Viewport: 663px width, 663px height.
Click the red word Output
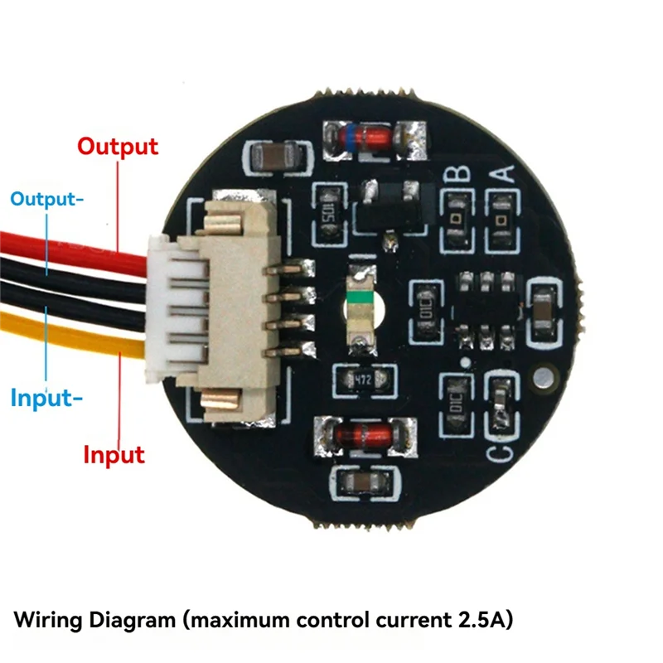(x=117, y=147)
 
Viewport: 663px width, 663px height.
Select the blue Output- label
(x=46, y=199)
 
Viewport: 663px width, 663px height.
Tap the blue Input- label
(x=46, y=398)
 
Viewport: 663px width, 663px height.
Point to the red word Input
(x=114, y=455)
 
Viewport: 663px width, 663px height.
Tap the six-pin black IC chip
(x=486, y=306)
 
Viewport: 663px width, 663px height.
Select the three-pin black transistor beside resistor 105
(x=390, y=207)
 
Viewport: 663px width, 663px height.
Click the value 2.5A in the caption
(x=479, y=619)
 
